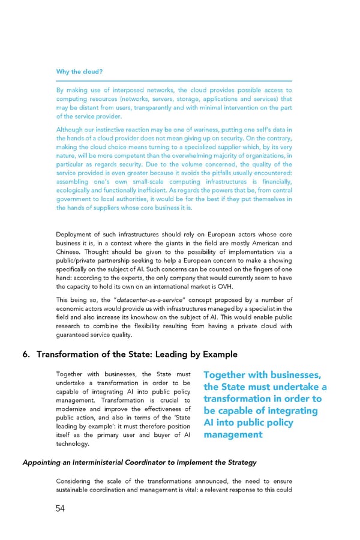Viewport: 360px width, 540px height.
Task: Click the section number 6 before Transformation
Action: pos(25,354)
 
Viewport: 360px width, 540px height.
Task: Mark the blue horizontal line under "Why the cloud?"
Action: pos(174,81)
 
